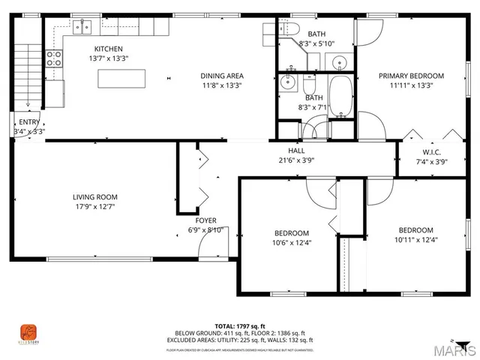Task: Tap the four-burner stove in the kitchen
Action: (x=55, y=58)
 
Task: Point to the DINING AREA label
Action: (x=221, y=76)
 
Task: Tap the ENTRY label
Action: (x=29, y=122)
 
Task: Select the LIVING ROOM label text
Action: (x=94, y=196)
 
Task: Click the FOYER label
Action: (x=206, y=220)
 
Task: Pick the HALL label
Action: (x=286, y=150)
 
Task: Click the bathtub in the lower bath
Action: (x=341, y=97)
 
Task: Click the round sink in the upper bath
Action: (x=340, y=61)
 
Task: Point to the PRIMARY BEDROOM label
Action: (x=410, y=76)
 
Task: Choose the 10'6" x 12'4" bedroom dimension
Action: (x=291, y=242)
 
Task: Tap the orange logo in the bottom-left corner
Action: (x=28, y=331)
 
